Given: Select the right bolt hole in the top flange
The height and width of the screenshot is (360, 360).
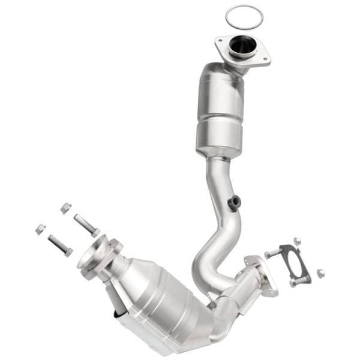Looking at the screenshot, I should click(264, 58).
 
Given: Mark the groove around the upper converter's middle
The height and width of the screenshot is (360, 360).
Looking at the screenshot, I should click(219, 116).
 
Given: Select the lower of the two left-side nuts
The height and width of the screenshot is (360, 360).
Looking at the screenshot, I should click(40, 229).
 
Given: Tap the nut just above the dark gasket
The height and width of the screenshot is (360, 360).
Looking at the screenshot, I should click(296, 241).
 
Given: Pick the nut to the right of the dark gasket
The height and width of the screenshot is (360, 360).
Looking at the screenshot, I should click(320, 273).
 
